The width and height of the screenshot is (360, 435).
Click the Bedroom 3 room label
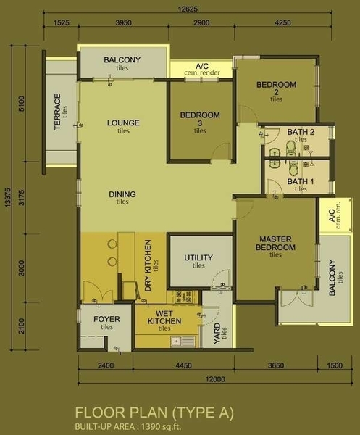200,119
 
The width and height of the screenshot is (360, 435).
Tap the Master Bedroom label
275,243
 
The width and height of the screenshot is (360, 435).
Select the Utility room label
198,257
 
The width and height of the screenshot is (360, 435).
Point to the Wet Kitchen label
164,318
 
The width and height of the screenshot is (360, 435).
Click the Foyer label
106,319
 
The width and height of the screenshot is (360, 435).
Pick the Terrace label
57,112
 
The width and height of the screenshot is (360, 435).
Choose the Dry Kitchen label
148,265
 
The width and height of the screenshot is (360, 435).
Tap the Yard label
217,333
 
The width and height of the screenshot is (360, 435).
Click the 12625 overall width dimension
188,9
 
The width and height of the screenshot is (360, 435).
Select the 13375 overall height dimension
7,197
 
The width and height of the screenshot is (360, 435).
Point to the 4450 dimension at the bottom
184,365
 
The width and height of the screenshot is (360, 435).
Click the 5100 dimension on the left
21,104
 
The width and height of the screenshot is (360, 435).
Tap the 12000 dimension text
215,379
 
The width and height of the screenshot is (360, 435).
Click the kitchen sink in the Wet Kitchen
183,341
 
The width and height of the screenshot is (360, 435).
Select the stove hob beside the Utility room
183,297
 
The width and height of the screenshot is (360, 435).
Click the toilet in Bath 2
291,147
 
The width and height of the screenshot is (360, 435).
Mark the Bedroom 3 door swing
221,152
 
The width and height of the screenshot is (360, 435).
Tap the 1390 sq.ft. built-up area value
162,426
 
